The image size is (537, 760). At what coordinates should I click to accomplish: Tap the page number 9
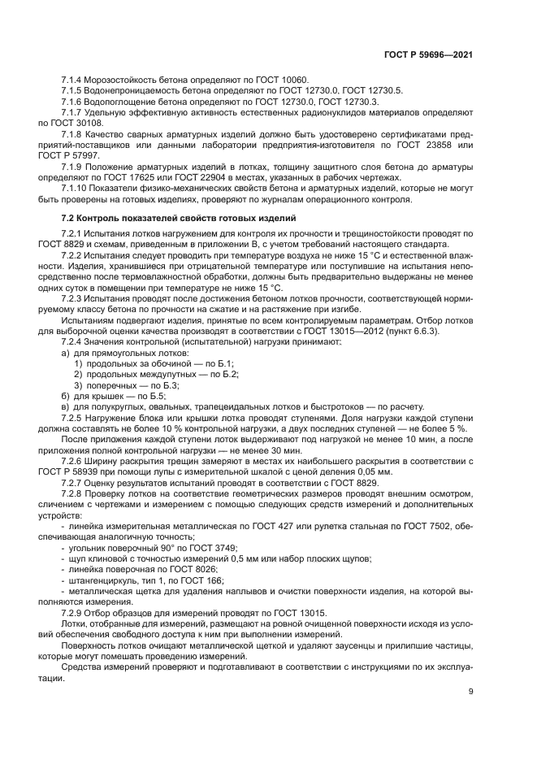470,693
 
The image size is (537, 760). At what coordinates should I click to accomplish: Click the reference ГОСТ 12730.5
382,90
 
